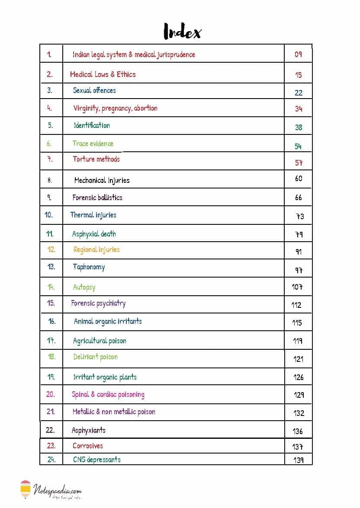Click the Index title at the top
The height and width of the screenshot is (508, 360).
pos(182,32)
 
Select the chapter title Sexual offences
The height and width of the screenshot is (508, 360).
pos(94,90)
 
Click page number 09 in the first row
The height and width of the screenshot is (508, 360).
pos(298,54)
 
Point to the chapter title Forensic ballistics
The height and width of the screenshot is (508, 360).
pos(97,198)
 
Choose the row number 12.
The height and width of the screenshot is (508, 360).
pos(51,249)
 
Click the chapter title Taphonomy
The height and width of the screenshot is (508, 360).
pos(89,267)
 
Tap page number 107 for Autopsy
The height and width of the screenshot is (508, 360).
pos(297,287)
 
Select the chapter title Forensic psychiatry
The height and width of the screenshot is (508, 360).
pos(98,304)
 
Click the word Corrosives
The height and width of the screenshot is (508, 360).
pos(88,446)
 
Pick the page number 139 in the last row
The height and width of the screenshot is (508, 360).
pos(298,460)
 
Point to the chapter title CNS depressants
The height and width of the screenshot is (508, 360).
pos(97,460)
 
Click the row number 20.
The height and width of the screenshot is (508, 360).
pos(51,394)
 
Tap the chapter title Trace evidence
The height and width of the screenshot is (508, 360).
pos(93,144)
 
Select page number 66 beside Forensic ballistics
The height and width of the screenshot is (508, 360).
pos(298,198)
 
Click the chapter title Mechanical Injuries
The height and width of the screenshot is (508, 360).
pos(102,180)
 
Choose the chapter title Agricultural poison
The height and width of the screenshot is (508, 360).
pos(100,341)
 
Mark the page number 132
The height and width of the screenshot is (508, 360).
pos(299,413)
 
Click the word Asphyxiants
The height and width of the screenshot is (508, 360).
pos(89,430)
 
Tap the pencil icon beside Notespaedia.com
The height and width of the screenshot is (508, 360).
pos(26,489)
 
